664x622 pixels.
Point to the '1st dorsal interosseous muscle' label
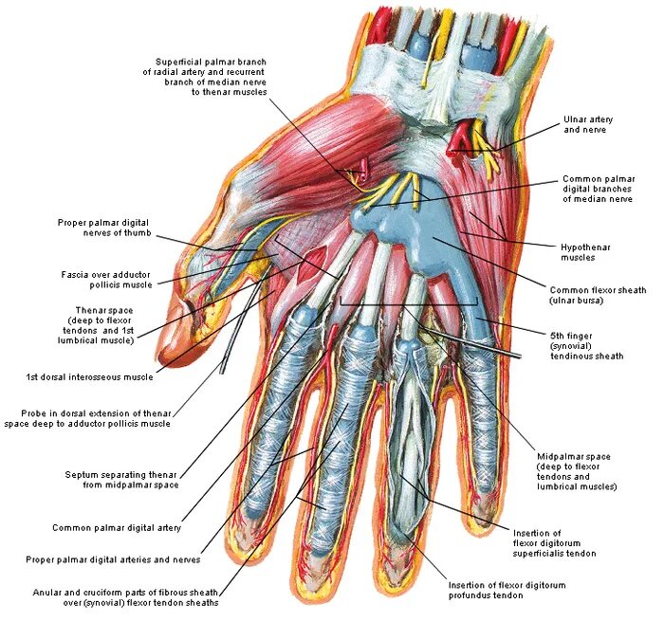pyautogui.click(x=90, y=376)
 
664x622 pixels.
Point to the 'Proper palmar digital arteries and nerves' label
pyautogui.click(x=122, y=561)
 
